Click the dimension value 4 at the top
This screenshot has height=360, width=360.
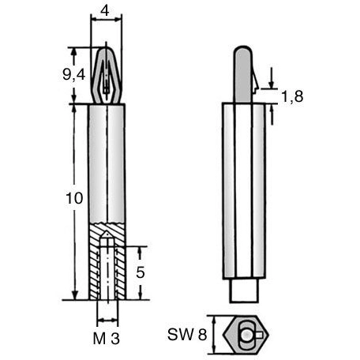105,11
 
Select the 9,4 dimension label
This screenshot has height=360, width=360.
74,75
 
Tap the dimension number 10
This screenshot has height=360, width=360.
74,198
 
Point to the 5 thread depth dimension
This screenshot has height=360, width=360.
141,272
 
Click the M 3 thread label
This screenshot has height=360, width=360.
107,339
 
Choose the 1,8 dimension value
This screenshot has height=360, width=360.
292,96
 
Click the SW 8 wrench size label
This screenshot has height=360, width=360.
187,335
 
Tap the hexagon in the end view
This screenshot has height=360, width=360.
245,334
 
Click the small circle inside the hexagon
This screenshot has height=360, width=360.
247,334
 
